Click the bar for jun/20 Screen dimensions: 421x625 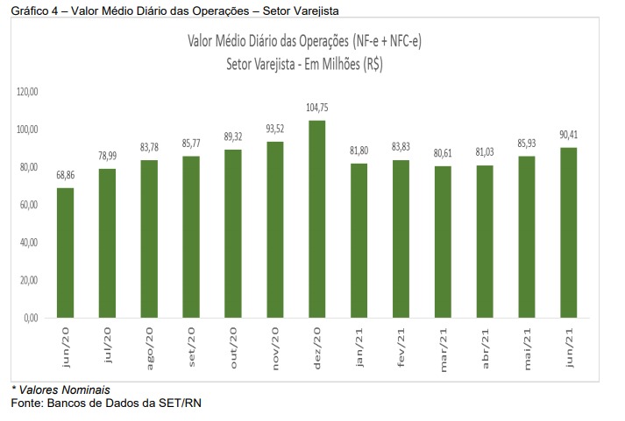pos(65,252)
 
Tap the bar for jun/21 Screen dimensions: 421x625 pos(568,232)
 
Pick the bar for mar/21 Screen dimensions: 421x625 pos(443,242)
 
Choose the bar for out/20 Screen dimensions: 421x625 pos(232,233)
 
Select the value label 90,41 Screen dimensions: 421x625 pos(568,137)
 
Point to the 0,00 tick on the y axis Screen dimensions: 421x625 pos(32,318)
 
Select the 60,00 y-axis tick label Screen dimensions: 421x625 pos(31,205)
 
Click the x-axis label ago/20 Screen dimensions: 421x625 pos(150,347)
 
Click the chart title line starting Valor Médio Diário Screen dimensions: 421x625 pos(304,42)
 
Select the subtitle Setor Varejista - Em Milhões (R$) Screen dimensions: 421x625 pos(304,64)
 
